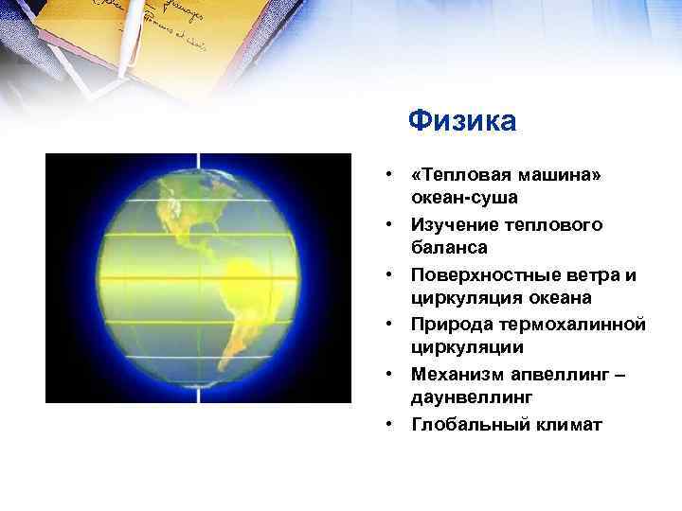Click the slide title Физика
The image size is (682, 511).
tap(462, 121)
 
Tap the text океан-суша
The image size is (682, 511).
tap(464, 199)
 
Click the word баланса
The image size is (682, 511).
tap(450, 248)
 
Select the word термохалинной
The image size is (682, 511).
tap(573, 325)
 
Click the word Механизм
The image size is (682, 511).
tap(458, 375)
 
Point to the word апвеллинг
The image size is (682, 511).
tap(567, 375)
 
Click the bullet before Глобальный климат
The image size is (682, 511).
tap(389, 424)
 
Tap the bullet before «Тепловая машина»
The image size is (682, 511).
tap(389, 177)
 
